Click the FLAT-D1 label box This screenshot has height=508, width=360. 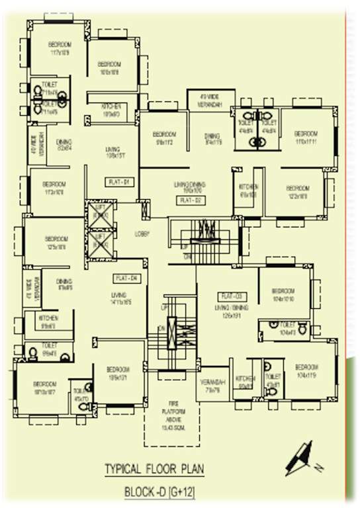click(x=121, y=181)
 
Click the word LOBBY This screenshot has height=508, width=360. click(x=142, y=233)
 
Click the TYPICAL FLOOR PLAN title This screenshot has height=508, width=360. click(x=154, y=470)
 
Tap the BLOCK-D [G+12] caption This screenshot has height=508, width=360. click(x=159, y=492)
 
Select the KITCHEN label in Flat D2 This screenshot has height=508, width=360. click(x=247, y=187)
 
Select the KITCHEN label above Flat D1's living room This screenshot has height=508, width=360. click(x=111, y=106)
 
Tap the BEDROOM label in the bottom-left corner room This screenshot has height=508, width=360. click(x=45, y=384)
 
